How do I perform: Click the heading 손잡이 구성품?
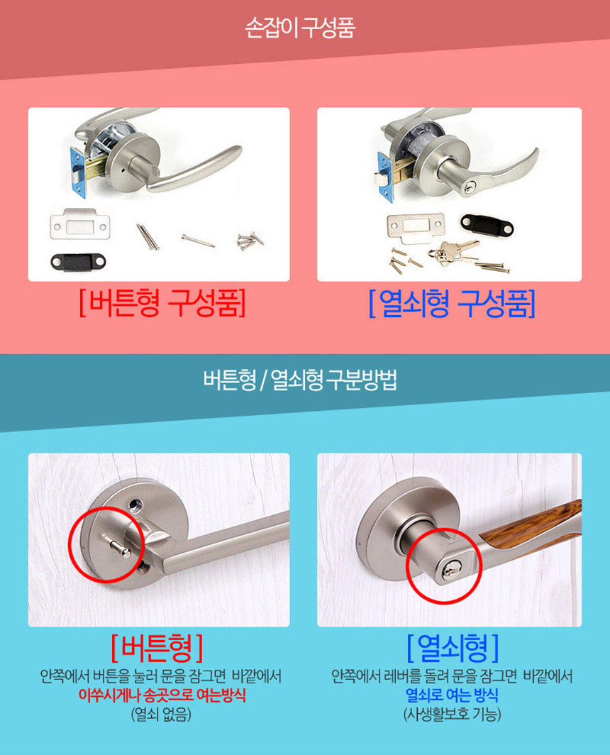coord(299,28)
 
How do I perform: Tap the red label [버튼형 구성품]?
coord(162,303)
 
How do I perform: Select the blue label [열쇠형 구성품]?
coord(452,304)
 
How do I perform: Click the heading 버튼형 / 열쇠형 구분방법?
coord(300,380)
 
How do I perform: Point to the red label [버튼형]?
coord(157,648)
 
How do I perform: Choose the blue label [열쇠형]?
coord(453,648)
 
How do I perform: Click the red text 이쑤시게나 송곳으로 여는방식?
coord(162,695)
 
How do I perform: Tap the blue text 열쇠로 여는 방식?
coord(452,695)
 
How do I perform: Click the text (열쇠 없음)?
coord(161,714)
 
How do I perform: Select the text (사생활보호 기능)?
coord(452,714)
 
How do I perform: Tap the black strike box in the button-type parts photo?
coord(79,263)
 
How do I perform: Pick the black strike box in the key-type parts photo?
coord(487,224)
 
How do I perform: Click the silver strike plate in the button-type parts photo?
coord(80,226)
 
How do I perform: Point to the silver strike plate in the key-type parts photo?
coord(416,228)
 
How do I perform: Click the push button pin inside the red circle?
coord(118,547)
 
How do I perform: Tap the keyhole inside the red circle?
coord(450,571)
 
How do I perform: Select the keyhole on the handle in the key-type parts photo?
coord(470,187)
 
